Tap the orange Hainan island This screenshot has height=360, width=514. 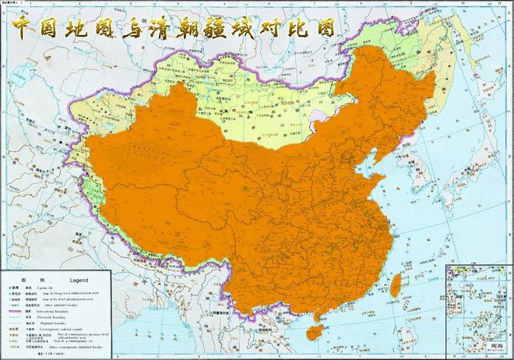tap(314, 331)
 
